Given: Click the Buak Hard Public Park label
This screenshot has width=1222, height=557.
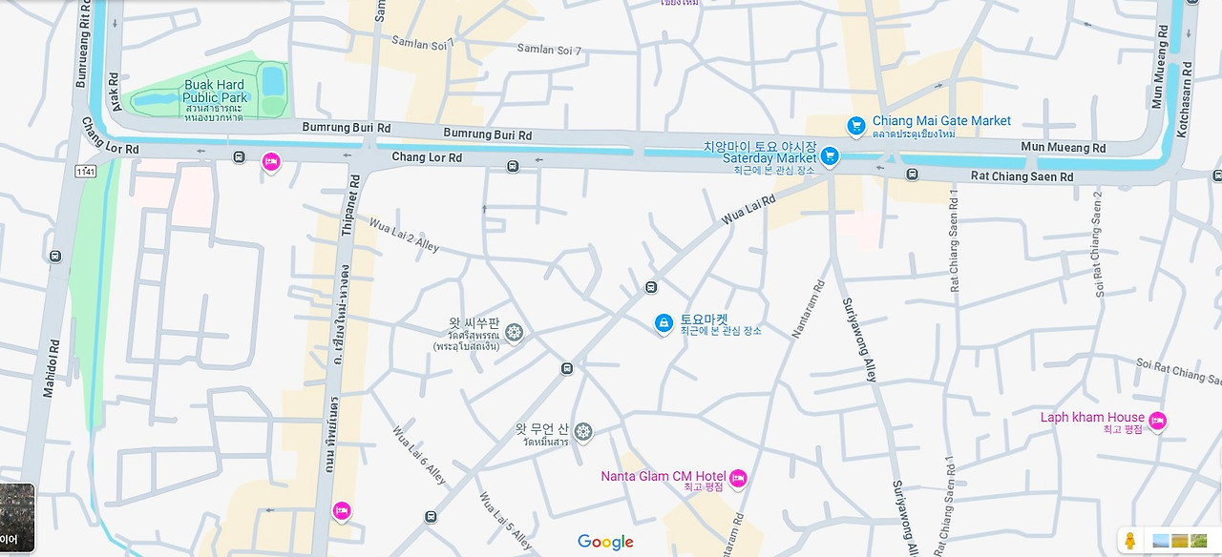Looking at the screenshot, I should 215,91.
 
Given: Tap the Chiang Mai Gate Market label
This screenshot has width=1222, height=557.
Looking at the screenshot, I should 941,121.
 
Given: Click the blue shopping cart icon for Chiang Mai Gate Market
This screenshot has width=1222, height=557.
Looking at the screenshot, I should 856,125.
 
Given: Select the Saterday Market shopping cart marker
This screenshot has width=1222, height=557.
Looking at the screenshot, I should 830,156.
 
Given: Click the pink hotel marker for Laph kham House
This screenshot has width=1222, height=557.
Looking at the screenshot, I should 1157,421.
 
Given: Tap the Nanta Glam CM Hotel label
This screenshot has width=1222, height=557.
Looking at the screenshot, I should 664,477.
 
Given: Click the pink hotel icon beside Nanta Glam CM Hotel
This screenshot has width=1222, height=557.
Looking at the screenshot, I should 738,478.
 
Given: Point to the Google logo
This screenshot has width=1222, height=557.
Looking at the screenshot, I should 605,542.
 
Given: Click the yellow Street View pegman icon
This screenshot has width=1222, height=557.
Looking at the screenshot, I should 1131,541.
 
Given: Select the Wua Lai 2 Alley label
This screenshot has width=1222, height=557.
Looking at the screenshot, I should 404,235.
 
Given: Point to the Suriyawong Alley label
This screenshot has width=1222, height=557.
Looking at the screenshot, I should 857,340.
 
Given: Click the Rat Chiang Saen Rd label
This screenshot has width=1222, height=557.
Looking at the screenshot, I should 1022,176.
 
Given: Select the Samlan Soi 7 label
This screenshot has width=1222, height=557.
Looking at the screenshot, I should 549,50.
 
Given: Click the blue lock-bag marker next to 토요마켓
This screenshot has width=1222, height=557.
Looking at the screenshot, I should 664,324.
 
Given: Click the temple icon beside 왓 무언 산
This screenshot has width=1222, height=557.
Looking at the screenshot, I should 583,432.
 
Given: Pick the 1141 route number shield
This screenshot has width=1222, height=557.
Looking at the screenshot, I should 85,170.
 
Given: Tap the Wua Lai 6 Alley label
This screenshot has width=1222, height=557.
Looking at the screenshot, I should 419,454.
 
